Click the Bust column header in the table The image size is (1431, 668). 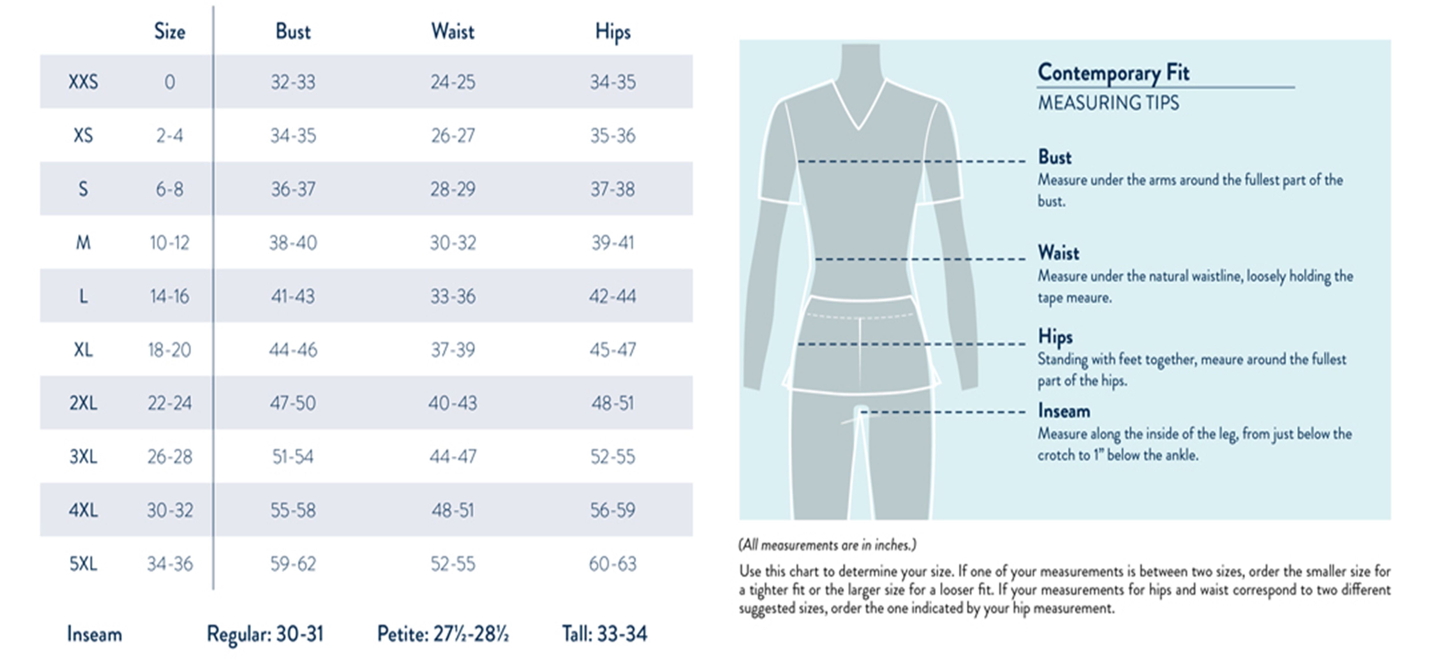point(293,32)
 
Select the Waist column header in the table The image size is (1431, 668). point(453,32)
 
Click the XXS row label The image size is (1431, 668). point(83,82)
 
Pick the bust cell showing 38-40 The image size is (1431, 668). point(293,243)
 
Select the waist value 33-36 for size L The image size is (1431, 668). point(453,296)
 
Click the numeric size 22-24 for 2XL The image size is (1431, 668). point(169,403)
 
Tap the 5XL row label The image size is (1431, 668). point(83,564)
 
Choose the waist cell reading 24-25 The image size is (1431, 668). point(453,82)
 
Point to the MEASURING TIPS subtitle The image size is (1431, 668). point(1108,103)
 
